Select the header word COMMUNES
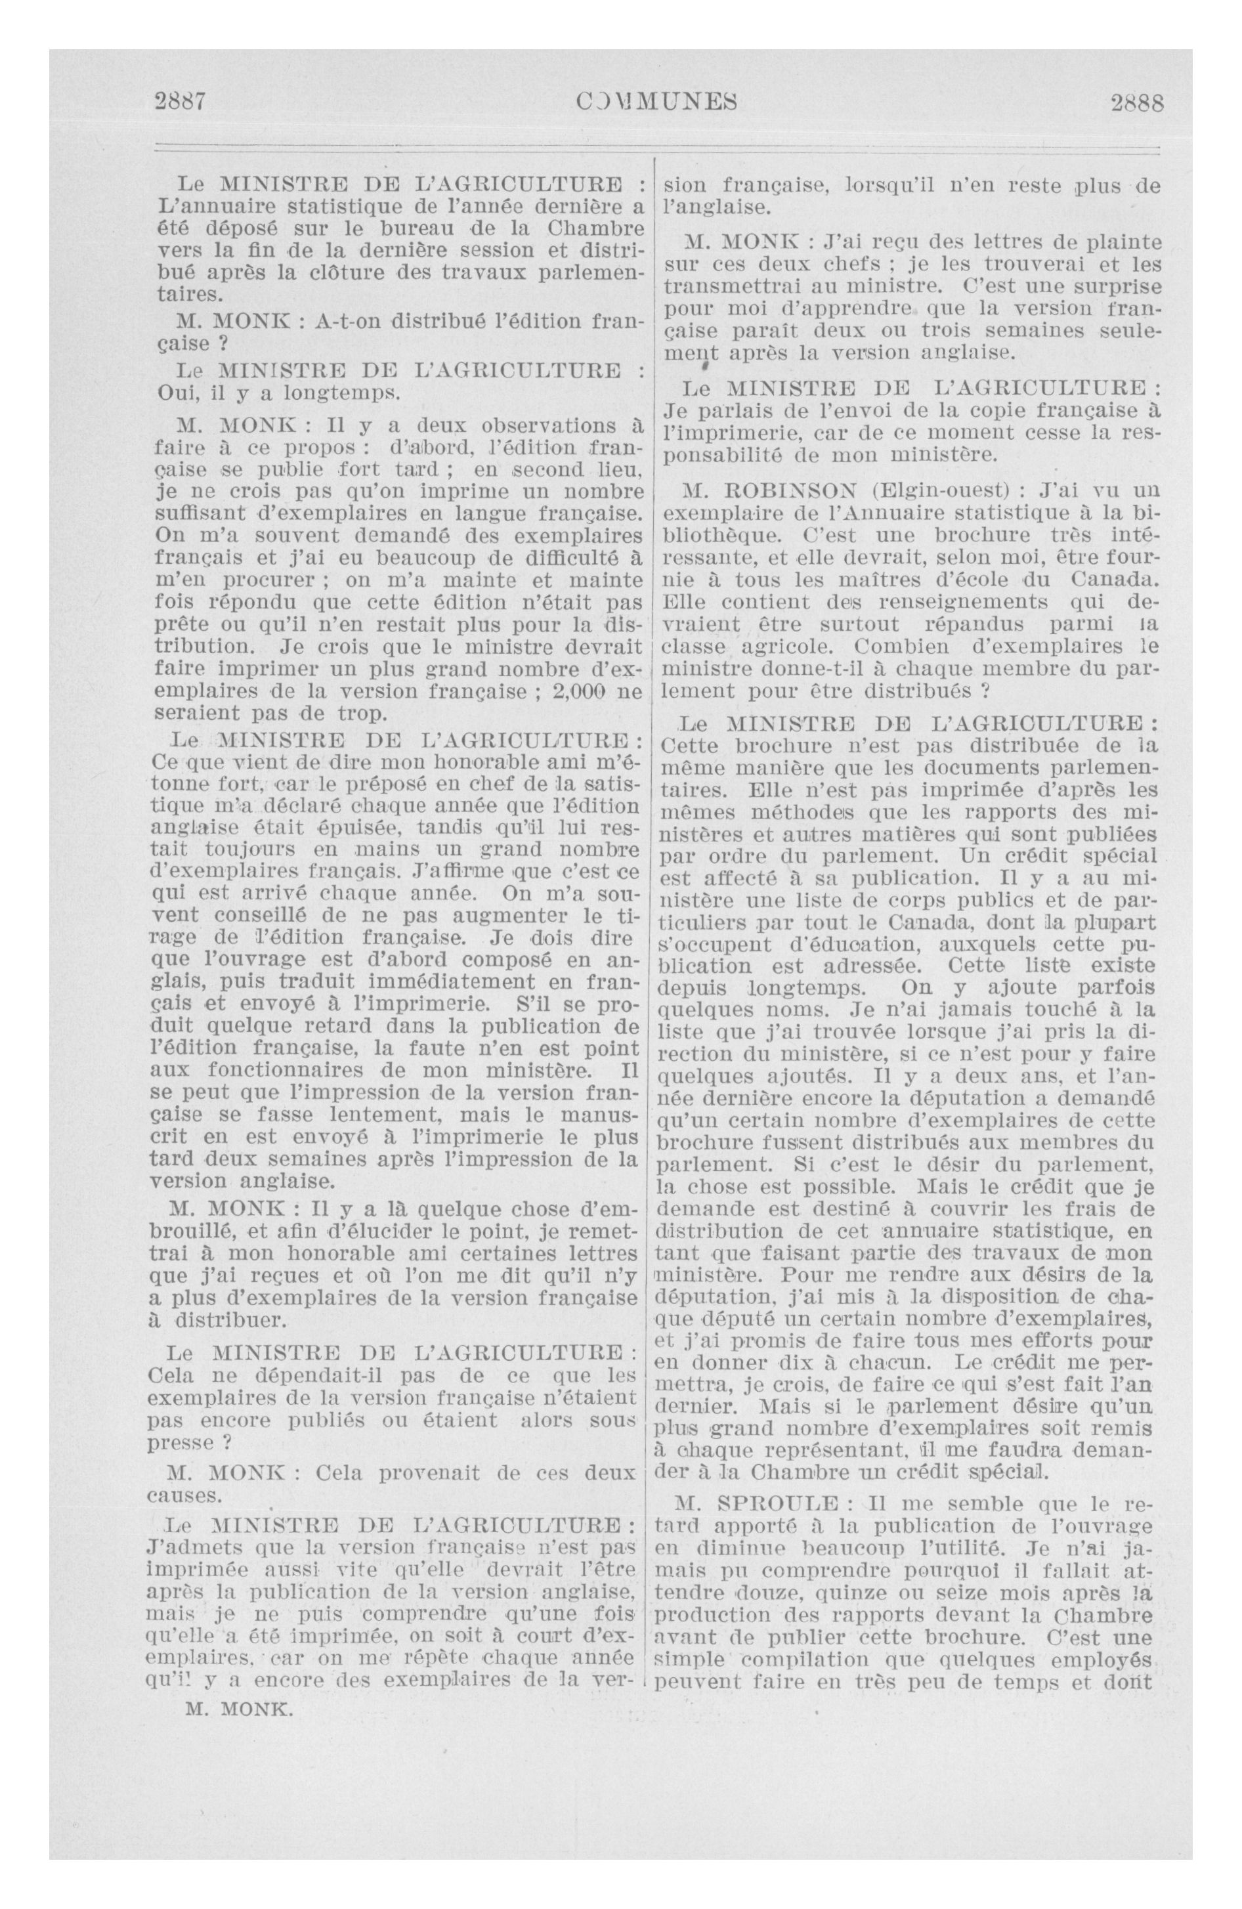(657, 102)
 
